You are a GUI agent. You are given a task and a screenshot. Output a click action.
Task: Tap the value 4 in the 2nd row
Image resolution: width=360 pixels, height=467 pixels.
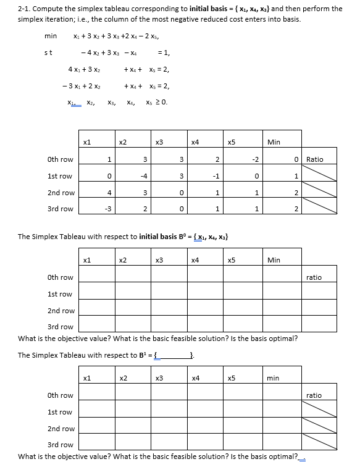point(109,193)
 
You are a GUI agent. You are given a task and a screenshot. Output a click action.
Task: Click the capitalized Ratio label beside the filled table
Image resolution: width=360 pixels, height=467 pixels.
point(314,159)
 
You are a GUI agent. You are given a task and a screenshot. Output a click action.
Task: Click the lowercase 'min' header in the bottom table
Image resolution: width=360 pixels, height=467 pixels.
point(273,377)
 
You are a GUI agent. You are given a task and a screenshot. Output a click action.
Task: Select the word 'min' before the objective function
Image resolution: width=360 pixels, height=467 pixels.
point(51,36)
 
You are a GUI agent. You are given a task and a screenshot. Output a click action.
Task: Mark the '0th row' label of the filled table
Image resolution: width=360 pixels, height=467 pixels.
point(60,159)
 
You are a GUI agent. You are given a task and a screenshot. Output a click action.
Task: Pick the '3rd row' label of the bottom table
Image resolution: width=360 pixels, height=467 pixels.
point(60,445)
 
